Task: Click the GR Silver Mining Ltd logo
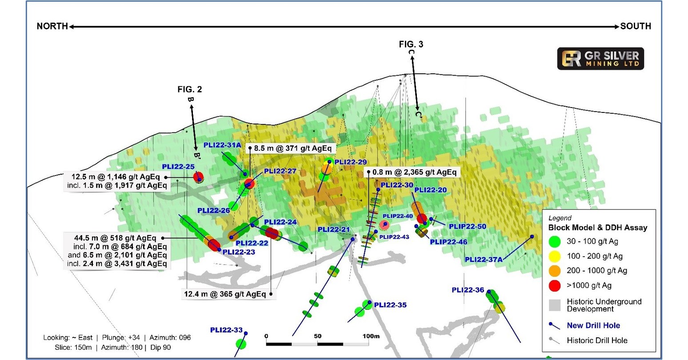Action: [x=600, y=58]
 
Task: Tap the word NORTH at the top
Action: [x=52, y=26]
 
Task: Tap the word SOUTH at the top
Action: [x=636, y=26]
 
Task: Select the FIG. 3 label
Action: [x=411, y=44]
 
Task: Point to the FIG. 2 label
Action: [x=189, y=89]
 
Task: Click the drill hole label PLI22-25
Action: [x=178, y=167]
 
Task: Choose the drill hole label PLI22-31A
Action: [x=222, y=145]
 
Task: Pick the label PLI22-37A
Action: [x=484, y=260]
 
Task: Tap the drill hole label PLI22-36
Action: [x=468, y=290]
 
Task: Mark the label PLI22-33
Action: [x=226, y=330]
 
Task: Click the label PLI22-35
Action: [x=390, y=305]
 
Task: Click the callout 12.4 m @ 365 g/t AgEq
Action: [x=225, y=294]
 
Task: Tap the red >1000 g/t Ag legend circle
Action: [x=555, y=285]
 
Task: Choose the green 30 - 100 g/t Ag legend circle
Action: [x=555, y=241]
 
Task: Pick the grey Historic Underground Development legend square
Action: [x=555, y=305]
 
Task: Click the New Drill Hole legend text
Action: [x=593, y=325]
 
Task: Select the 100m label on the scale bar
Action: [x=371, y=336]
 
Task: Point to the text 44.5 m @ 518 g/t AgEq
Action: [x=116, y=238]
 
